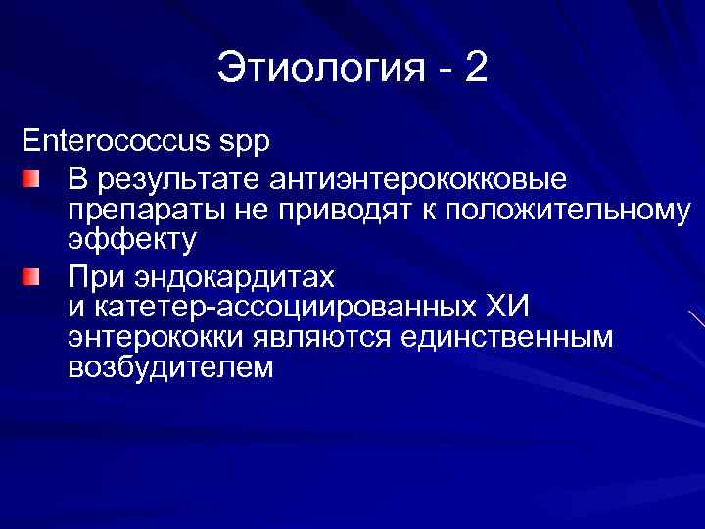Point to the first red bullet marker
coord(33,180)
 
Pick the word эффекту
coord(132,240)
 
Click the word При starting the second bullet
coord(96,276)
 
